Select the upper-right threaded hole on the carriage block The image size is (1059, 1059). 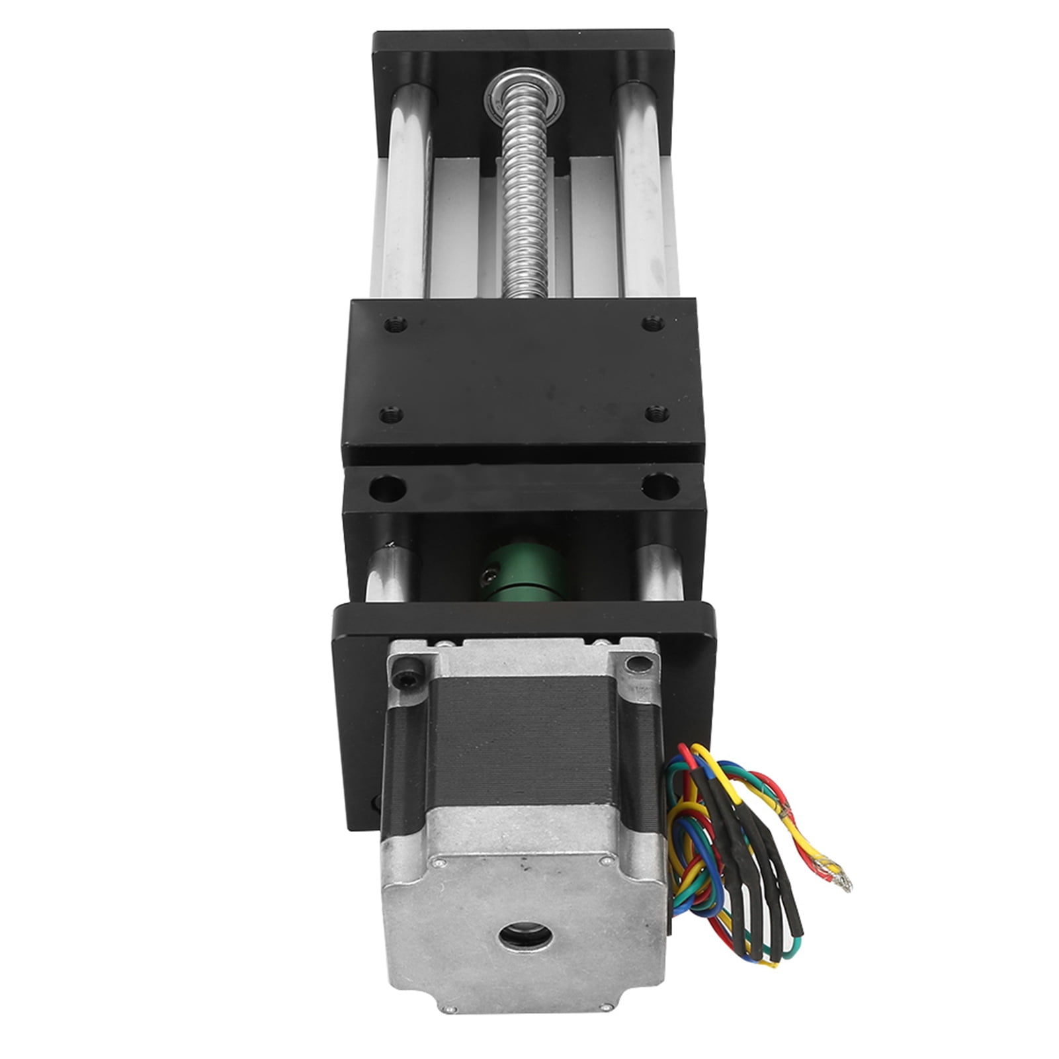coord(650,323)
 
